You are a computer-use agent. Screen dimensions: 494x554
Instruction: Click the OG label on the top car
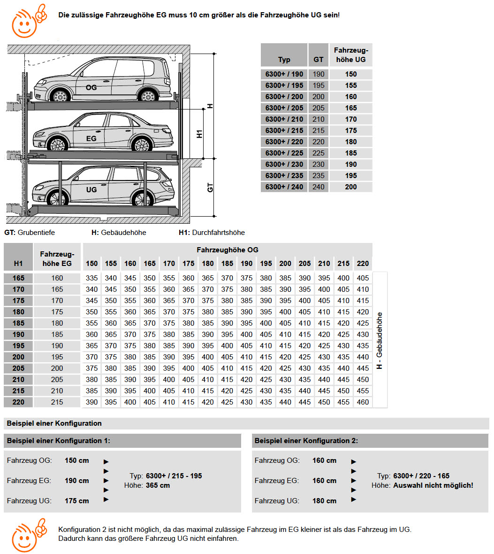91,87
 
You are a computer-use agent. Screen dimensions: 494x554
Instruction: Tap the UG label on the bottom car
91,190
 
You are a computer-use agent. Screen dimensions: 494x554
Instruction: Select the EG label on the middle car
91,139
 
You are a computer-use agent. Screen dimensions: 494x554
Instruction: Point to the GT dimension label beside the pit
210,187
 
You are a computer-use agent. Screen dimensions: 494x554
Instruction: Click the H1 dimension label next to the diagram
199,134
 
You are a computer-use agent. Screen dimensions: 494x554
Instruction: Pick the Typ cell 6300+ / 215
284,131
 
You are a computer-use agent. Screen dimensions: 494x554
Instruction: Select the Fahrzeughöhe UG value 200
351,187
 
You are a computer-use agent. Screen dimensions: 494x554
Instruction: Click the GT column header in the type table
318,60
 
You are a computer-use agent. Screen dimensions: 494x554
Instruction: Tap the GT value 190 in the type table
318,74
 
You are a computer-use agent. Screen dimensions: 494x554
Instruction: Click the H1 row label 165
18,278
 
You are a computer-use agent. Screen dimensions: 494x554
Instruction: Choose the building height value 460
363,402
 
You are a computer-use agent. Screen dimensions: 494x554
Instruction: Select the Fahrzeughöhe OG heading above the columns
228,250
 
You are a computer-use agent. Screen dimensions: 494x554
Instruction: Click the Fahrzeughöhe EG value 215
57,402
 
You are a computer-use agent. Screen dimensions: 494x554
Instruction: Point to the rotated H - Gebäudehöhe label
380,341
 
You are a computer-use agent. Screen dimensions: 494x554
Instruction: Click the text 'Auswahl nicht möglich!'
433,485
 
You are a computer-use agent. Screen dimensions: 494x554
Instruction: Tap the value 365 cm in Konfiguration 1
158,485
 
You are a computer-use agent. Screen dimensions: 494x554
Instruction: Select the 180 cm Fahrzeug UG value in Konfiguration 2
324,500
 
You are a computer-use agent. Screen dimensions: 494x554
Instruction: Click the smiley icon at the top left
29,21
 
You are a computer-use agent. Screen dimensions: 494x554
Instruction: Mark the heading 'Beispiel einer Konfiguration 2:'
306,441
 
